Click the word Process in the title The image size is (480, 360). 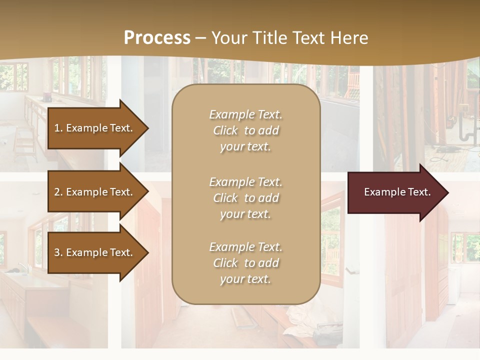(x=157, y=38)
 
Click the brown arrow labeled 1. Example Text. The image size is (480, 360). (x=95, y=128)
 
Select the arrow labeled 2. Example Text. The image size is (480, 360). (x=95, y=192)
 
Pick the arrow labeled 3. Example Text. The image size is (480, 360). (x=95, y=252)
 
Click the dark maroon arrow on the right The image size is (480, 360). (x=395, y=192)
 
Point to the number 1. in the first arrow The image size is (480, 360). (x=58, y=128)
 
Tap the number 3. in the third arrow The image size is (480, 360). (x=58, y=252)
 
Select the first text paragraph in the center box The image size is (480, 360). (x=245, y=130)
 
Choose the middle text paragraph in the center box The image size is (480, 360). (x=245, y=198)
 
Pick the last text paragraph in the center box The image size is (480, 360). (x=245, y=263)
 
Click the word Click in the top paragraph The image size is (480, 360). (x=225, y=130)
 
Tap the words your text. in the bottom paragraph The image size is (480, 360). (x=245, y=279)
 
